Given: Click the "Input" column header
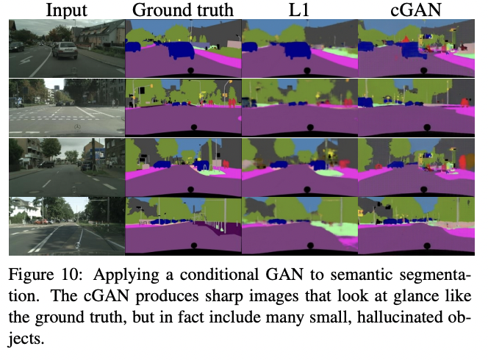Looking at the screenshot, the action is tap(65, 10).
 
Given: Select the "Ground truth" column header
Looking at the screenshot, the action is tap(182, 10).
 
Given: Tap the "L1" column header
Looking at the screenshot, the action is tap(298, 10).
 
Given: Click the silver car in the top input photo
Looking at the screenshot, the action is tap(65, 50).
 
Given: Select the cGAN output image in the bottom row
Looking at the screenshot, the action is tap(416, 226).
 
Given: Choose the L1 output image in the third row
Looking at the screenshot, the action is tap(299, 167).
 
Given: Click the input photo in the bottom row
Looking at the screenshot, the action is tap(66, 226).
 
